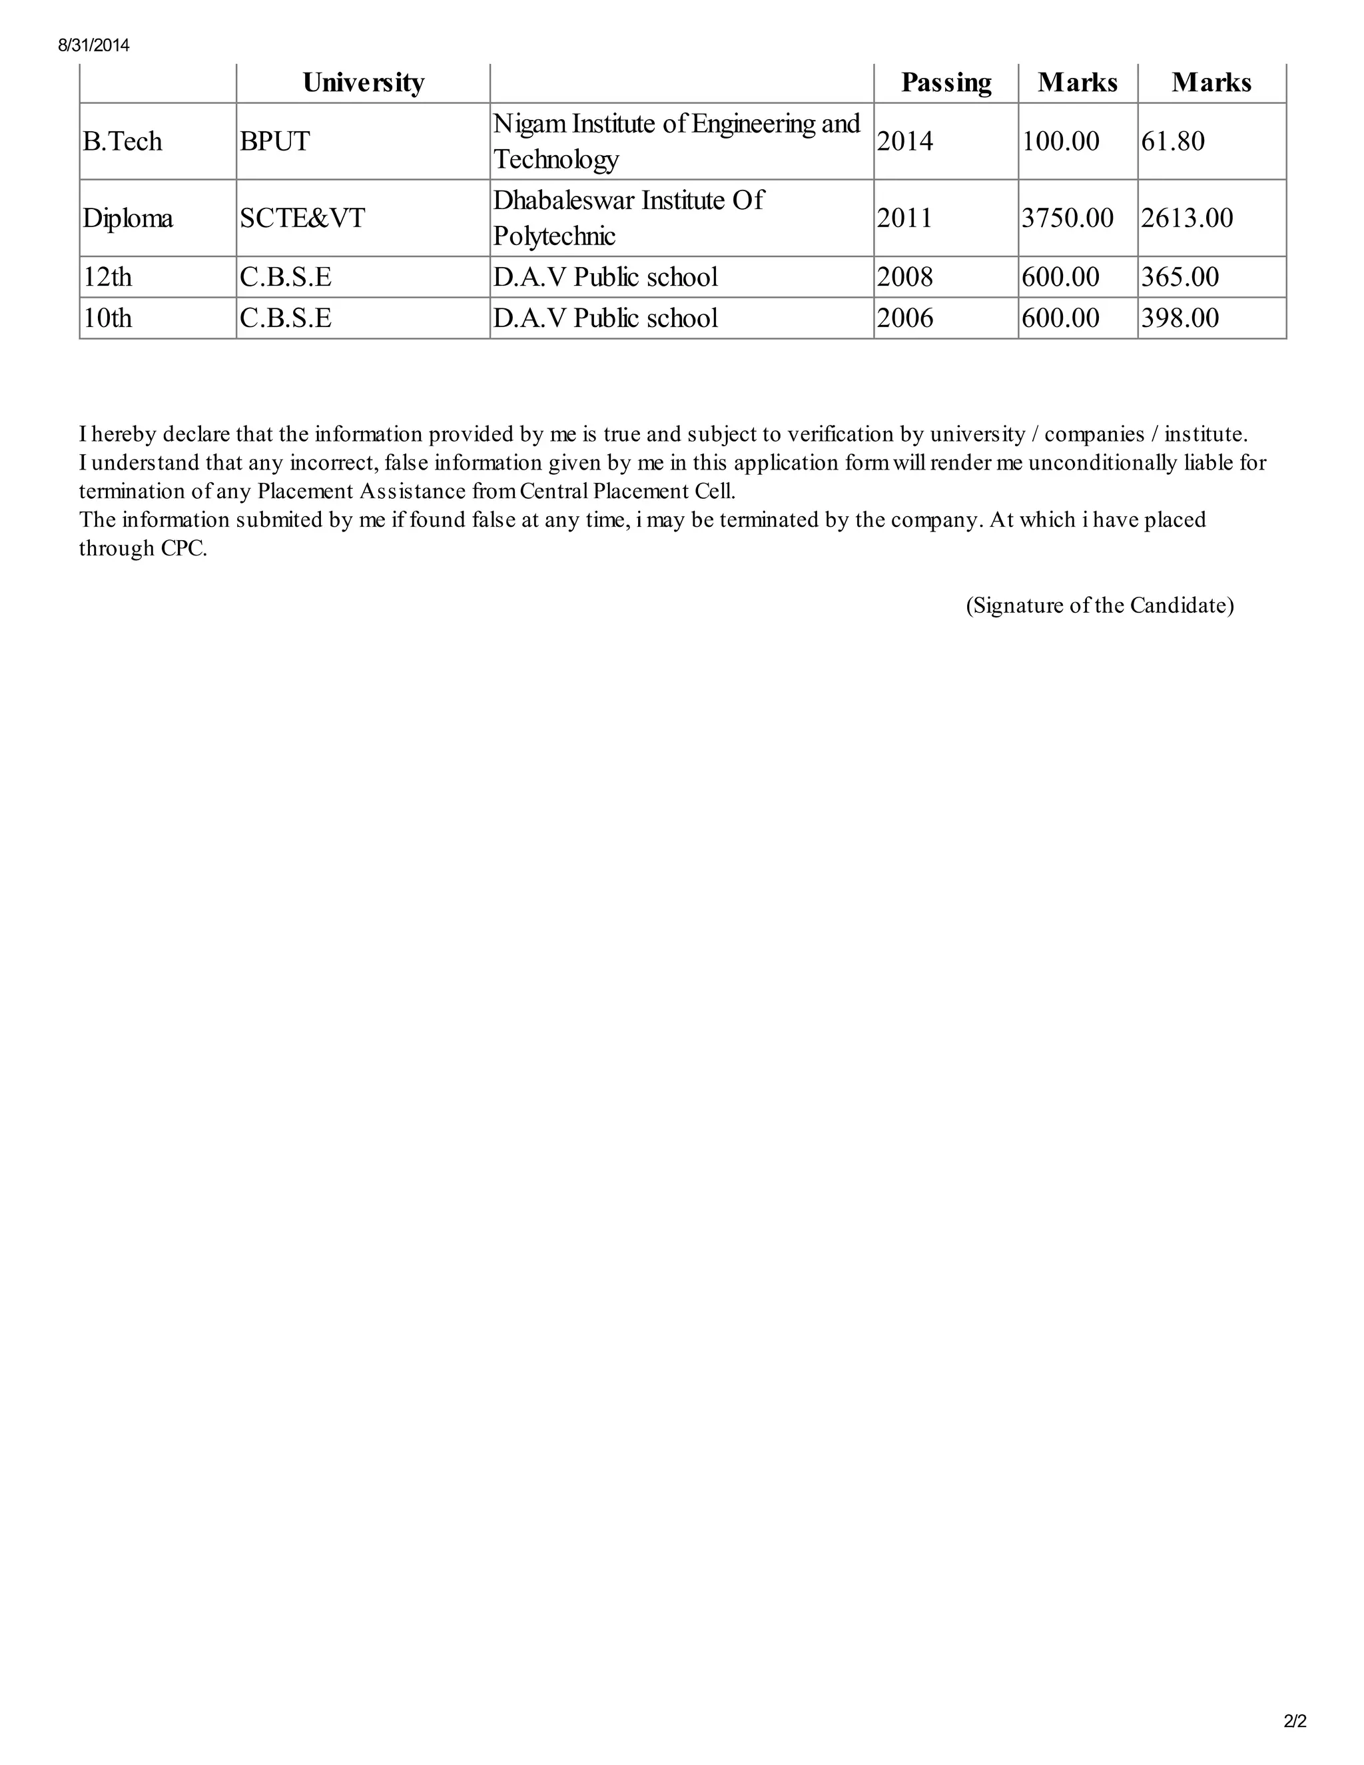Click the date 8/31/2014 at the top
click(94, 45)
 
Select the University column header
click(363, 83)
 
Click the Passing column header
click(946, 83)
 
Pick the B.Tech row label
click(122, 141)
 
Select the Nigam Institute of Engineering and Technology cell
click(677, 141)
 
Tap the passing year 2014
click(905, 141)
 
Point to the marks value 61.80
click(1172, 141)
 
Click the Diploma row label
click(128, 218)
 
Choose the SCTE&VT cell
click(302, 218)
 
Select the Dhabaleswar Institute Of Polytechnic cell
click(628, 218)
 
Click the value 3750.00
click(1067, 218)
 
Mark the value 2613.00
click(1187, 218)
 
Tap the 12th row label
click(107, 277)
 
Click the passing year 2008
click(905, 277)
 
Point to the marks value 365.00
click(1180, 277)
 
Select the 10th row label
click(107, 318)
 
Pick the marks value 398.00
click(1180, 318)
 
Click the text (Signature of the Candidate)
click(1100, 605)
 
